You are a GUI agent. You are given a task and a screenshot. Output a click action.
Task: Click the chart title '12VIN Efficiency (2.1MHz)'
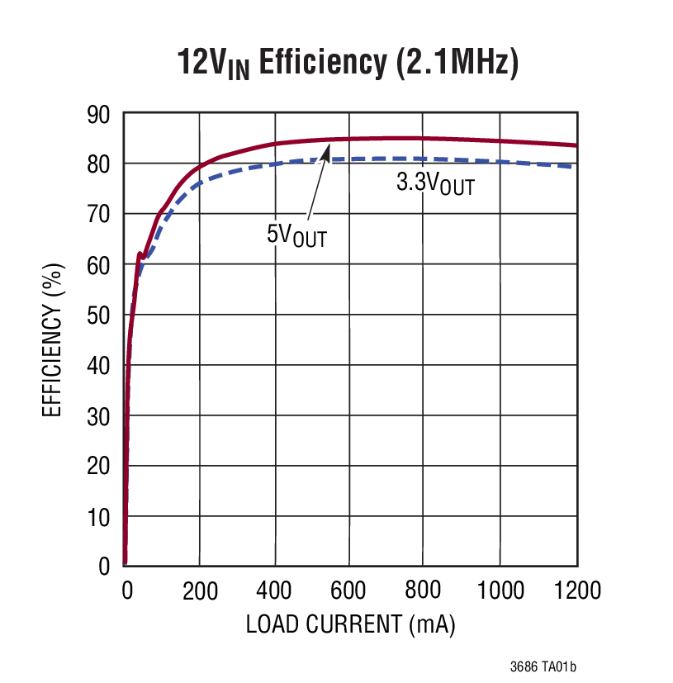tap(348, 63)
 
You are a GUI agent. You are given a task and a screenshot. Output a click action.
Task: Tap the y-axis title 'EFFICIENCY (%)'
tap(52, 339)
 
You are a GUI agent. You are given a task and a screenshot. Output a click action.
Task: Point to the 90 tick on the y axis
tap(99, 114)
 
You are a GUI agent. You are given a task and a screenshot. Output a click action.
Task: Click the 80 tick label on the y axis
tap(99, 164)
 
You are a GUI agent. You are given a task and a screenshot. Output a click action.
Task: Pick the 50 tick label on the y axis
tap(99, 315)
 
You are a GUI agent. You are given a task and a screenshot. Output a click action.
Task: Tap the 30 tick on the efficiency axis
tap(99, 416)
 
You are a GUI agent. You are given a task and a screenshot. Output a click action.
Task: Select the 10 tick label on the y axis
tap(99, 517)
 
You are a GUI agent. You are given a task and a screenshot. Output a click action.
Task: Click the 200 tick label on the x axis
tap(199, 591)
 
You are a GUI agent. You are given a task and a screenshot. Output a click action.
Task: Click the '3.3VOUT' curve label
tap(435, 183)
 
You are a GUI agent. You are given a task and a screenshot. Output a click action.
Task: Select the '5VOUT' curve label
tap(296, 235)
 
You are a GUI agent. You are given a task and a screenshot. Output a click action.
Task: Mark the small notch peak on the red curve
tap(139, 254)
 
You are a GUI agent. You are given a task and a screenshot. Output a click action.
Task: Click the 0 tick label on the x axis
tap(126, 591)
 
